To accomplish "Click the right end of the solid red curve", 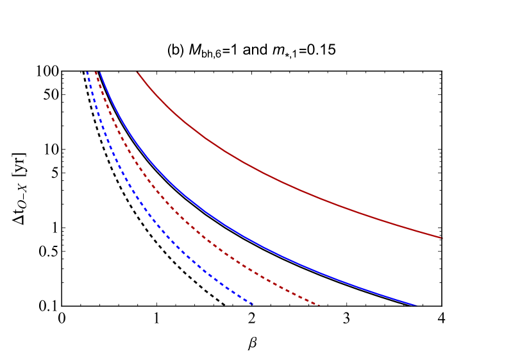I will point(442,238).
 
